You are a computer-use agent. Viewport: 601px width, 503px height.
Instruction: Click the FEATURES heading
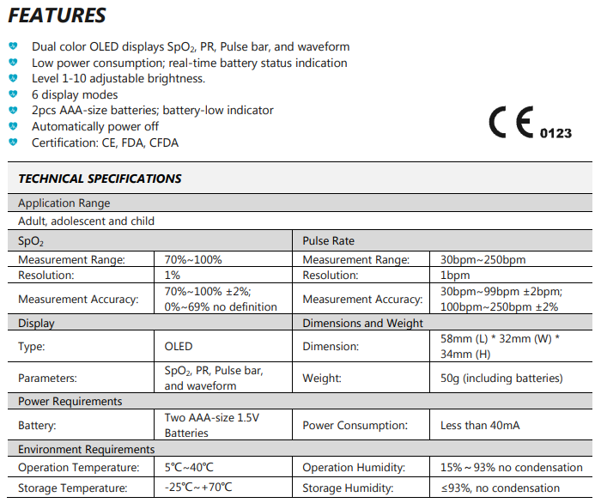coord(58,16)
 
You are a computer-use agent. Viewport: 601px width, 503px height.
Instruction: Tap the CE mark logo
coord(512,124)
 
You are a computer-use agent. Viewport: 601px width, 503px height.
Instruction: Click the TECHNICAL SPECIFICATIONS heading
coord(100,179)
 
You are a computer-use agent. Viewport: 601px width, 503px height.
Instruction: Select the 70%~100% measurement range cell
coord(193,259)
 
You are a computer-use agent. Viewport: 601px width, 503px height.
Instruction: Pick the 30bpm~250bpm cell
coord(483,259)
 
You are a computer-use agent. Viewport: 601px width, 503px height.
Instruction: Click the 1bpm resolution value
coord(455,275)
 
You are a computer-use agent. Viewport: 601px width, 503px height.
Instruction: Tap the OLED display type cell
coord(179,347)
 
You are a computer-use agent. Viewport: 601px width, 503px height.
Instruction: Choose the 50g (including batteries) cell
coord(501,378)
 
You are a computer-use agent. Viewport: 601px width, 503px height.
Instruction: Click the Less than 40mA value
coord(479,425)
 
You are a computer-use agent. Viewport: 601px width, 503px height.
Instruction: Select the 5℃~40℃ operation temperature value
coord(189,468)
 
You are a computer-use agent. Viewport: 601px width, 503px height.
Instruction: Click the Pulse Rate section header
coord(329,241)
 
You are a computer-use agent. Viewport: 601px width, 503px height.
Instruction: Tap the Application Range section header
coord(64,203)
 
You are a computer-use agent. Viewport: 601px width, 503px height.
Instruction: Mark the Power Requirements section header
coord(70,401)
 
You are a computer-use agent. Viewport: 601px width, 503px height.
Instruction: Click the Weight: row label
coord(322,378)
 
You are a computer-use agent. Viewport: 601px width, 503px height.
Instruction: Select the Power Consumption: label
coord(355,425)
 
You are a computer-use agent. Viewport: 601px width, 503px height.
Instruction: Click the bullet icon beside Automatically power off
coord(13,126)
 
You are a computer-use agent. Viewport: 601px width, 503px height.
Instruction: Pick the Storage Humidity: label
coord(348,488)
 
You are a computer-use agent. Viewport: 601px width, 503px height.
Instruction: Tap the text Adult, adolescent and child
coord(86,221)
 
